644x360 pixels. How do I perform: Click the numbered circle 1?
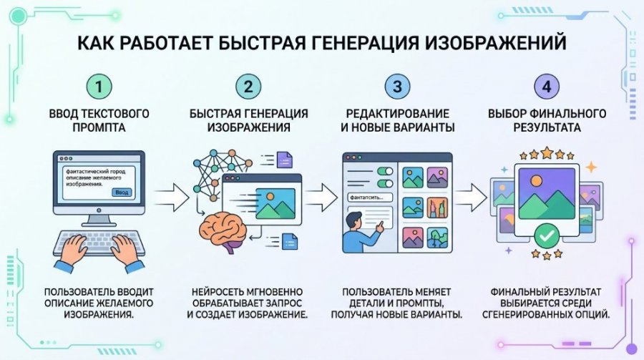pyautogui.click(x=101, y=87)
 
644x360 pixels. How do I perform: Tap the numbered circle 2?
pyautogui.click(x=248, y=87)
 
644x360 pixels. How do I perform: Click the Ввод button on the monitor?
pyautogui.click(x=122, y=193)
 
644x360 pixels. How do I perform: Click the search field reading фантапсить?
pyautogui.click(x=369, y=196)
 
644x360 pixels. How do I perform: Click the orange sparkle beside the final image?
pyautogui.click(x=591, y=167)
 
